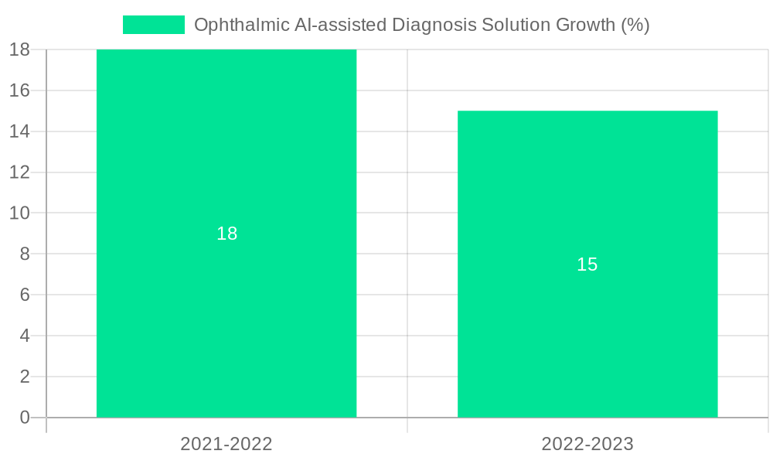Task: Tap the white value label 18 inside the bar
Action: (226, 234)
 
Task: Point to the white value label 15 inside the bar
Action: (587, 264)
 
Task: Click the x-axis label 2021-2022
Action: (226, 444)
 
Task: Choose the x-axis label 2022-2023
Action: (587, 444)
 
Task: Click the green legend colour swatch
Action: (154, 25)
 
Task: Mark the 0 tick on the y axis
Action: (24, 418)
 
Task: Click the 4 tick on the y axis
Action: (24, 336)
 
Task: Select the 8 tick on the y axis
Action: (24, 254)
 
